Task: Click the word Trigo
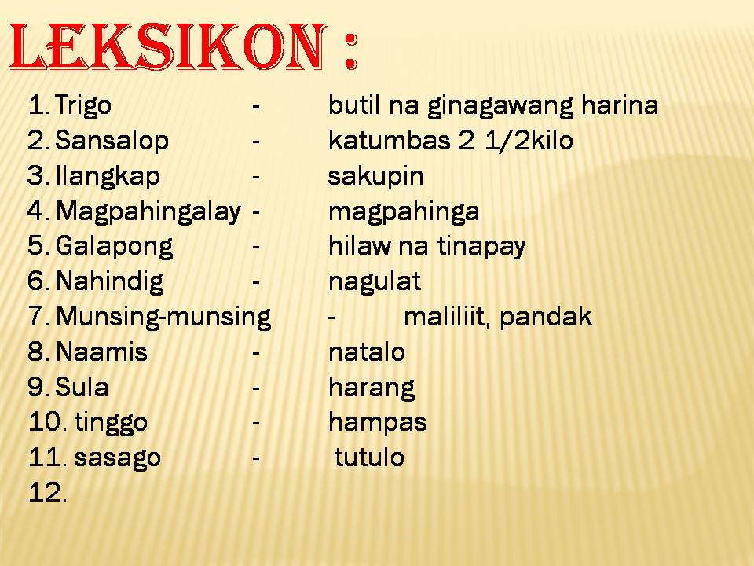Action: click(x=84, y=105)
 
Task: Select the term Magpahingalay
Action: click(x=148, y=211)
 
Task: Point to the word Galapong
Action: click(x=115, y=247)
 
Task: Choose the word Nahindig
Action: click(x=110, y=281)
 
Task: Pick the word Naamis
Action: click(x=102, y=352)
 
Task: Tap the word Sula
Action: click(x=82, y=388)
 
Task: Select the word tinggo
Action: click(x=111, y=423)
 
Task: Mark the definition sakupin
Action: click(x=375, y=176)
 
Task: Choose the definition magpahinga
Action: click(x=404, y=211)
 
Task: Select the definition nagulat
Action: click(x=374, y=281)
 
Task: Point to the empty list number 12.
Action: click(x=47, y=493)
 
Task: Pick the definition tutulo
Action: click(x=369, y=458)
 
